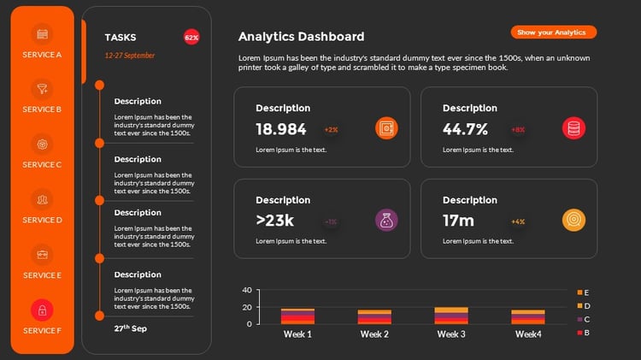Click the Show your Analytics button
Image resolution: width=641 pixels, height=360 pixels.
(x=553, y=32)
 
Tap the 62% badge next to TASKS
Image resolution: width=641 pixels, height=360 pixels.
(x=191, y=38)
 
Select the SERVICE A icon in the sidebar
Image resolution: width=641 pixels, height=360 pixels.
(x=43, y=34)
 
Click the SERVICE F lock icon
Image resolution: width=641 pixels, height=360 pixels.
(x=43, y=310)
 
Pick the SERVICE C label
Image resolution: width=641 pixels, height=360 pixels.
(x=43, y=164)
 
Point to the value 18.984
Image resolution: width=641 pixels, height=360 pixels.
(x=280, y=129)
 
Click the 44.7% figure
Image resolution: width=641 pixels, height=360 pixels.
(x=465, y=129)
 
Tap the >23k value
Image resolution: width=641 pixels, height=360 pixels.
(x=274, y=221)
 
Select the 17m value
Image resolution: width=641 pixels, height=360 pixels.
(x=458, y=221)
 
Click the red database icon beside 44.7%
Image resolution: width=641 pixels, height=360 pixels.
(x=573, y=129)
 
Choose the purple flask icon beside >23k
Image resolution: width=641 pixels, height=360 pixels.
(x=386, y=221)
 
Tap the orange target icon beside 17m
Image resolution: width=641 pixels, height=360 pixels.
(x=573, y=221)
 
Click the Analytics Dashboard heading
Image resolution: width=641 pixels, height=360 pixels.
(x=301, y=37)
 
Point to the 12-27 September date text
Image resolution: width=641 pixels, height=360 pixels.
(x=129, y=55)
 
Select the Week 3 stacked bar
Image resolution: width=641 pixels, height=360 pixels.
(x=451, y=316)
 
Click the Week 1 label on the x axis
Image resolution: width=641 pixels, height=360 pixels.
(x=297, y=334)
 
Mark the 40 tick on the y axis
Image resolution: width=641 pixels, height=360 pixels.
(x=247, y=290)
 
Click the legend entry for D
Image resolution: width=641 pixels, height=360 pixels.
(x=586, y=305)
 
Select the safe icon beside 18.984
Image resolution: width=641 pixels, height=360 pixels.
(x=386, y=129)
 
